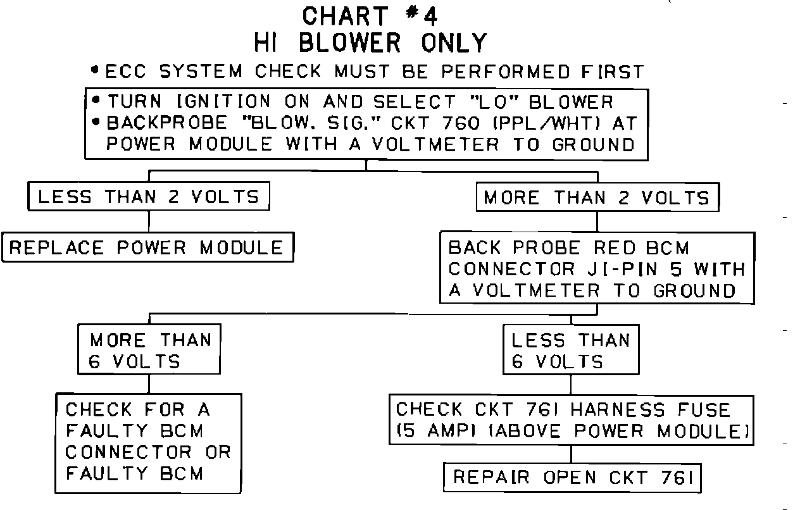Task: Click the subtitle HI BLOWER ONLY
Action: [370, 43]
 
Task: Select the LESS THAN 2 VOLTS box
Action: [149, 196]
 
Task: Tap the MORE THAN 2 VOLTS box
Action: [597, 197]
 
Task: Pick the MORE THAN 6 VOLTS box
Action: [149, 351]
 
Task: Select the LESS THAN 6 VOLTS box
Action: [570, 351]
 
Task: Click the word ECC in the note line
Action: [125, 72]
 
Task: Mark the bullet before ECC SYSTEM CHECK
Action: [95, 71]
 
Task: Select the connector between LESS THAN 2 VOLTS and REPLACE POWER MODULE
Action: [149, 221]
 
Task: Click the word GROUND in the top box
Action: [593, 144]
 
